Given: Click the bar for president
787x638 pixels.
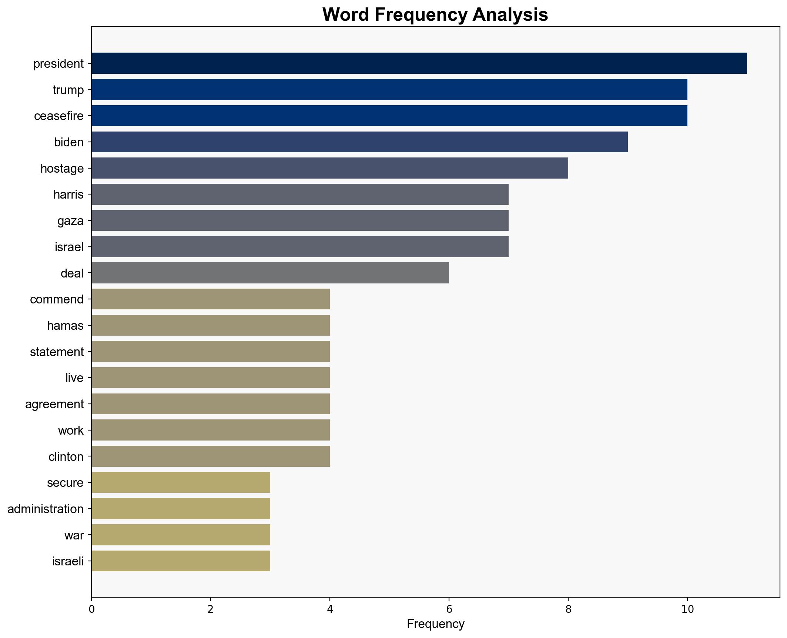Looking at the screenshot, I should click(419, 63).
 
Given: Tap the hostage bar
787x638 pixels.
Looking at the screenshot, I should click(329, 168).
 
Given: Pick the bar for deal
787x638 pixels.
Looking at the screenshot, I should click(270, 273).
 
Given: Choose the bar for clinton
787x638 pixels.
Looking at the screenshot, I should click(210, 456).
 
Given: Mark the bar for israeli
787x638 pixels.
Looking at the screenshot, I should click(181, 561).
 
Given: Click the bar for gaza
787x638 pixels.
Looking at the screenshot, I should click(300, 220).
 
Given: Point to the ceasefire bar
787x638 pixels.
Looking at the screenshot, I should click(389, 116).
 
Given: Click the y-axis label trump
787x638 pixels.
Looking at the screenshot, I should click(68, 90).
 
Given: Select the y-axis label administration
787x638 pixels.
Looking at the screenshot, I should click(46, 509).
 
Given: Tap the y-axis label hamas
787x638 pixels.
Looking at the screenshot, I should click(65, 326).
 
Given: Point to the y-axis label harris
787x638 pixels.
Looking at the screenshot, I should click(68, 195).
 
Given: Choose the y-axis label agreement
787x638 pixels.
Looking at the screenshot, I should click(54, 404).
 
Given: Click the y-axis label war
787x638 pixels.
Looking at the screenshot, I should click(74, 535).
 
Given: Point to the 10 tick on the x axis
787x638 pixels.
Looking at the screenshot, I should click(687, 609).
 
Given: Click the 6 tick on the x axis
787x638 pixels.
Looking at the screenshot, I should click(449, 609).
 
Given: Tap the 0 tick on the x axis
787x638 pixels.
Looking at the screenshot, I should click(91, 609).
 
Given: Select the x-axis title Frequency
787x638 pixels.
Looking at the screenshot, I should click(435, 624).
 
